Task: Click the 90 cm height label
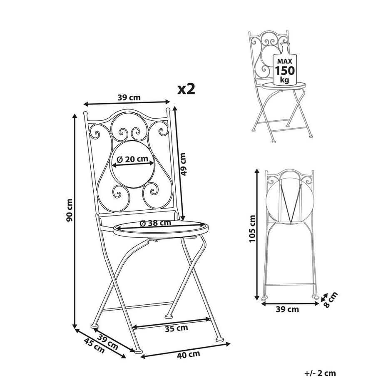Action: [x=70, y=210]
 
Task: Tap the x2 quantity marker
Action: [x=187, y=89]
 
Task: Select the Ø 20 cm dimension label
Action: [x=133, y=159]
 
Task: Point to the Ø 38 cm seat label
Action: [x=155, y=223]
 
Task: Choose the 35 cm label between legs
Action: [x=177, y=328]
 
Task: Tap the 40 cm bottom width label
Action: [x=188, y=354]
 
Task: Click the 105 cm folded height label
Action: [x=252, y=229]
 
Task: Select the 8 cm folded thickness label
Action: [x=330, y=299]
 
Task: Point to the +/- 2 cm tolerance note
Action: [x=320, y=373]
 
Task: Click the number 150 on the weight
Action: [x=285, y=70]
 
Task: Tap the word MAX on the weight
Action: [x=285, y=61]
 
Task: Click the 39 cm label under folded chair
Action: [x=287, y=309]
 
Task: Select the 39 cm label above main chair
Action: [x=129, y=97]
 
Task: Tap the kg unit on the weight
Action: [x=285, y=80]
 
